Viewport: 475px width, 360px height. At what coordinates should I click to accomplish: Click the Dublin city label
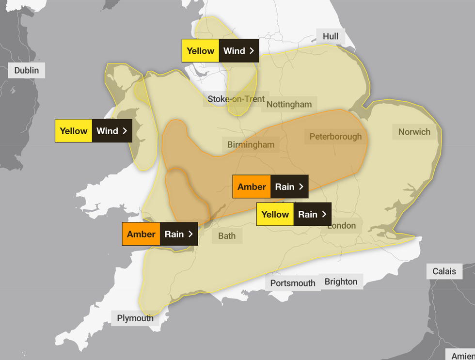[26, 70]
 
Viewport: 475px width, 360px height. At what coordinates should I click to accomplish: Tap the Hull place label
[331, 36]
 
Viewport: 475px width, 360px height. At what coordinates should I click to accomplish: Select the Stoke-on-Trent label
[236, 99]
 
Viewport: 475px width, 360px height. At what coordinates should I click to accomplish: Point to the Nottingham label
[289, 104]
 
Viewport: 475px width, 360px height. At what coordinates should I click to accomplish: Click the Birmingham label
[251, 144]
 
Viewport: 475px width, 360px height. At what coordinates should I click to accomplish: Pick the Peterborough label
[335, 137]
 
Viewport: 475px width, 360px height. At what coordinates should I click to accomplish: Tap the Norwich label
[414, 132]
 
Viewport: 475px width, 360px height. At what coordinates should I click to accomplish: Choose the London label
[341, 225]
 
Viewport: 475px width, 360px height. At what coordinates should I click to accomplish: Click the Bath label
[227, 236]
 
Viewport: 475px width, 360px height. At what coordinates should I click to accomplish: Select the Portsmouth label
[293, 283]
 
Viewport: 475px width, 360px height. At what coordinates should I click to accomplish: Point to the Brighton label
[341, 282]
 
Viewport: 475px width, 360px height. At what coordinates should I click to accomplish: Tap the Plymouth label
[135, 318]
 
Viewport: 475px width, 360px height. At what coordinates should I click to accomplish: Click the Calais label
[444, 271]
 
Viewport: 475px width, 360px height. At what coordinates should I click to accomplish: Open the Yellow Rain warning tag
[294, 214]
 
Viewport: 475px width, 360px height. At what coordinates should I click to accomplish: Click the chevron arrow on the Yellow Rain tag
[324, 214]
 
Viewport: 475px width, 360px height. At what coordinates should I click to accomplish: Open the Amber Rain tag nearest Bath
[160, 234]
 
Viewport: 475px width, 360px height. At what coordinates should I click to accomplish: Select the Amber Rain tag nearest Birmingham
[270, 187]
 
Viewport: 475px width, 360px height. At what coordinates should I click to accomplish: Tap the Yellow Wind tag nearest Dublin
[93, 131]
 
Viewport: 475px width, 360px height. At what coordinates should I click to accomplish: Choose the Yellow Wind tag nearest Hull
[220, 51]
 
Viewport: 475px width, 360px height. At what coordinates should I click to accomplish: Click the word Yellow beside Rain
[275, 214]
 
